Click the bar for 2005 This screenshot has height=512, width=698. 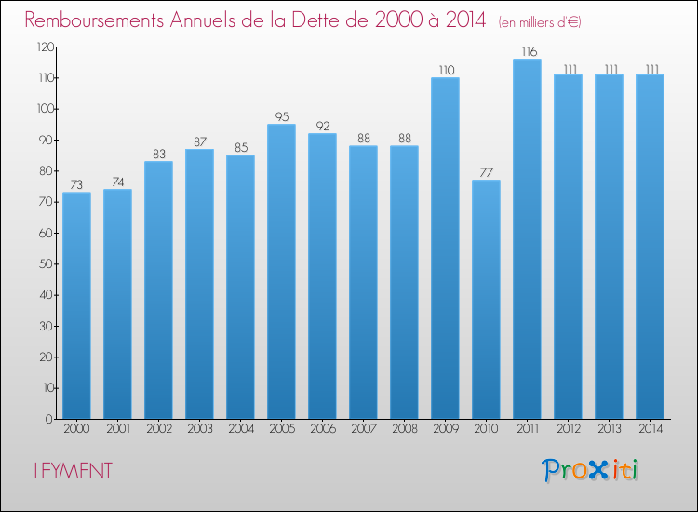tap(281, 272)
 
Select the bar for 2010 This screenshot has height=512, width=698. tap(486, 300)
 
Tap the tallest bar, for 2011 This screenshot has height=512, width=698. tap(527, 239)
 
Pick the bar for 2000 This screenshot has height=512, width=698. tap(76, 306)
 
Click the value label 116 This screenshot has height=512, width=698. tap(530, 51)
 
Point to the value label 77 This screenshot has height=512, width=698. tap(486, 172)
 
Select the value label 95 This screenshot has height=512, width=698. tap(282, 116)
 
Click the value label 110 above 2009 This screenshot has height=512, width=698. tap(447, 71)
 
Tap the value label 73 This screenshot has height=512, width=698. tap(76, 184)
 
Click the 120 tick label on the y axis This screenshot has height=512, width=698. tap(46, 47)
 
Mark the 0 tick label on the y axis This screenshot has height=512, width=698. tap(49, 419)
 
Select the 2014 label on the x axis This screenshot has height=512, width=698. tap(651, 429)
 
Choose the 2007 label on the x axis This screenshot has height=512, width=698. tap(364, 429)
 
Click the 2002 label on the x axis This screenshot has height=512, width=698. tap(159, 429)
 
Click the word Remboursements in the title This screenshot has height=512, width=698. tap(94, 20)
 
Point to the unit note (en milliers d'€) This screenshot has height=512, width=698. tap(540, 22)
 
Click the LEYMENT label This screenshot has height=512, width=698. tap(73, 471)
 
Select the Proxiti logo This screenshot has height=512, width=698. tap(590, 470)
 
